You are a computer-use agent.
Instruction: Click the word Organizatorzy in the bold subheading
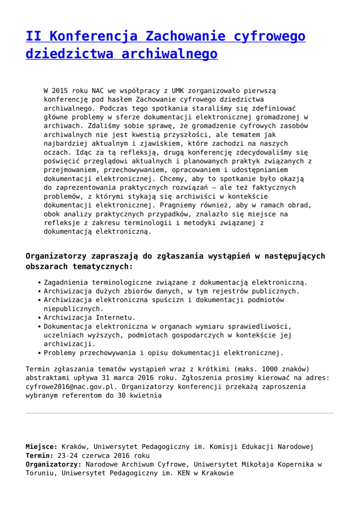point(56,256)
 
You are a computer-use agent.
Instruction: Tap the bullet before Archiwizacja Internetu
point(39,317)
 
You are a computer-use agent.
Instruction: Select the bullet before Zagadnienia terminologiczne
point(39,282)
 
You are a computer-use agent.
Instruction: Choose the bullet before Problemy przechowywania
point(39,353)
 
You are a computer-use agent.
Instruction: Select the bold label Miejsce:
point(42,446)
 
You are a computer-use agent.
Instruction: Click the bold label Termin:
point(40,455)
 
